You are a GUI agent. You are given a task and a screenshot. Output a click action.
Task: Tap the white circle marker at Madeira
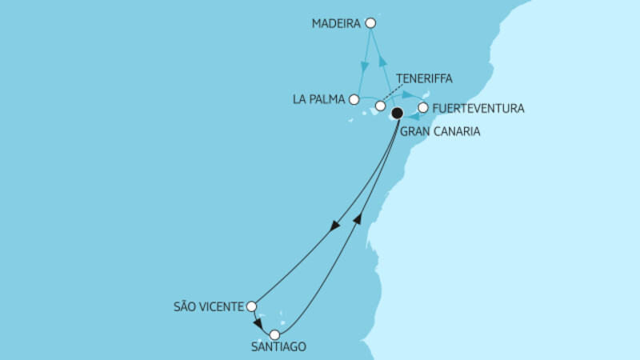[370, 24]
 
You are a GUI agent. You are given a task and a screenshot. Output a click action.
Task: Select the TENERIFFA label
[424, 78]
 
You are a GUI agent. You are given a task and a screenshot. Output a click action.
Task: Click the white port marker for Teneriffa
[381, 106]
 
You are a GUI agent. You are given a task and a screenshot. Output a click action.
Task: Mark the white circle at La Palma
[354, 100]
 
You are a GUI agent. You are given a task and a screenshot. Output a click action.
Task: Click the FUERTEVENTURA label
[478, 108]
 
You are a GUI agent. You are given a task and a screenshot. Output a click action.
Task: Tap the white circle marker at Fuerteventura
[423, 107]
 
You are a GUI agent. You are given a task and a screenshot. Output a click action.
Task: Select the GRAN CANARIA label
[440, 131]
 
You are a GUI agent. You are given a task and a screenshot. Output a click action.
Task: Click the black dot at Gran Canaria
[397, 113]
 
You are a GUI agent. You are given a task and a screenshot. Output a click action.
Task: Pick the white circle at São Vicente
[251, 306]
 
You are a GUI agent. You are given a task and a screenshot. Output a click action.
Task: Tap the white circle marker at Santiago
[274, 334]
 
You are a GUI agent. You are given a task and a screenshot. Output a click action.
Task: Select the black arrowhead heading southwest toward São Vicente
[334, 227]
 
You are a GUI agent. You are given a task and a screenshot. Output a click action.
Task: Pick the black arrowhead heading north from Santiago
[358, 218]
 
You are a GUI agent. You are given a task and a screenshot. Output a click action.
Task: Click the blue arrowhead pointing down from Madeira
[366, 63]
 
